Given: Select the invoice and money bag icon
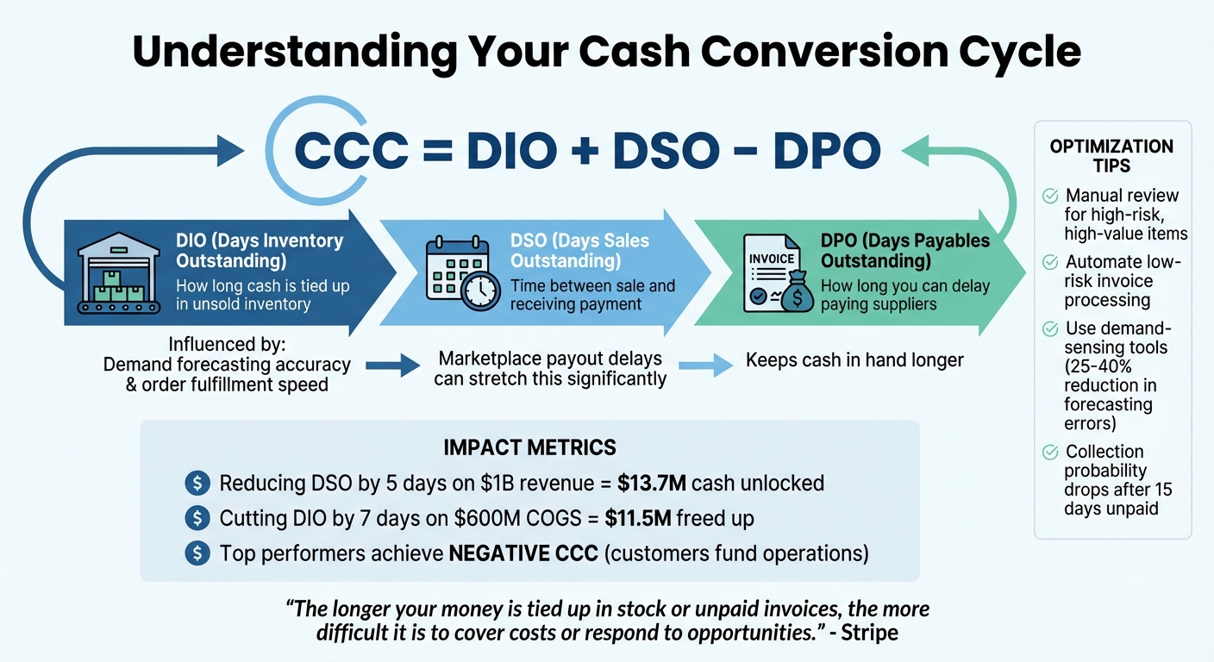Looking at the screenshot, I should pyautogui.click(x=777, y=274).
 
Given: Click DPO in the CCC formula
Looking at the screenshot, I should pyautogui.click(x=826, y=151).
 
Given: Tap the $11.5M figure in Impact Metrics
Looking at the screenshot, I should pyautogui.click(x=618, y=518).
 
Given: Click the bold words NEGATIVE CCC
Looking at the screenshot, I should pyautogui.click(x=523, y=553).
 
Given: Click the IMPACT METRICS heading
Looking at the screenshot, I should pyautogui.click(x=529, y=447).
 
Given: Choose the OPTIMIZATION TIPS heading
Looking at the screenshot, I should pyautogui.click(x=1111, y=155).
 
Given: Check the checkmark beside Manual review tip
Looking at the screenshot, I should pyautogui.click(x=1050, y=197).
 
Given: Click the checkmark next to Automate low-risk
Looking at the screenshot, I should pyautogui.click(x=1050, y=262).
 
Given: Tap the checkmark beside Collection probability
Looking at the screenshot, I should pyautogui.click(x=1050, y=453).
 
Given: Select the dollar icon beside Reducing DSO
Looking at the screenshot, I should pyautogui.click(x=197, y=483).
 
